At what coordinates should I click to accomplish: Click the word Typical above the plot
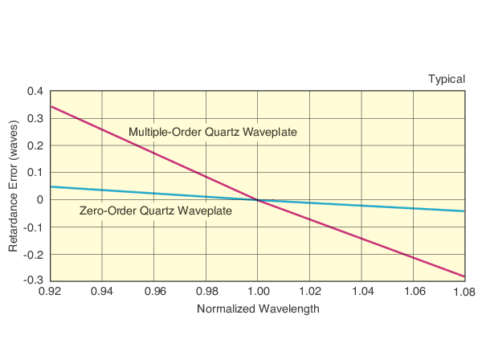(x=445, y=79)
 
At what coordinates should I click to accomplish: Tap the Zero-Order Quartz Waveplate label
(x=156, y=211)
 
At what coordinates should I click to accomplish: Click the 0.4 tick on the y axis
(x=35, y=92)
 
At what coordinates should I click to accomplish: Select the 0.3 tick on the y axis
(x=35, y=119)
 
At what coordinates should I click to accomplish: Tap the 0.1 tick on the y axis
(x=35, y=173)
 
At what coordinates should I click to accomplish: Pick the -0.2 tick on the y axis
(x=34, y=254)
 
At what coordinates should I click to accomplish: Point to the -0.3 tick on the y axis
(x=34, y=280)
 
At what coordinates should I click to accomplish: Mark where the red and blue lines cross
(x=257, y=200)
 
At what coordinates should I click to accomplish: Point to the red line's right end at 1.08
(x=464, y=276)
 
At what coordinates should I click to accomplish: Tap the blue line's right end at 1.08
(x=464, y=211)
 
